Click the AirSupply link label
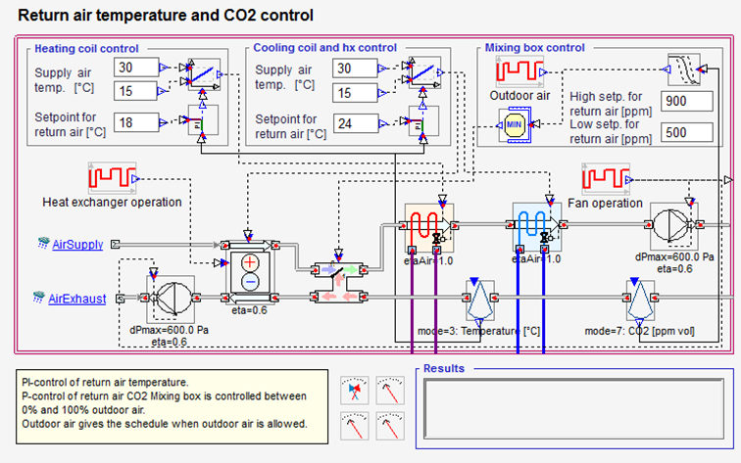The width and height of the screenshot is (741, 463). point(77,244)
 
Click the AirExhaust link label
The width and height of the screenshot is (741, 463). point(77,299)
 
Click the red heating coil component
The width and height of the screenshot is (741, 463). point(428,227)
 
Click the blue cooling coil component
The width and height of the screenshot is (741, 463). point(535,227)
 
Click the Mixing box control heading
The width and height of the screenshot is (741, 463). point(535,47)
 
